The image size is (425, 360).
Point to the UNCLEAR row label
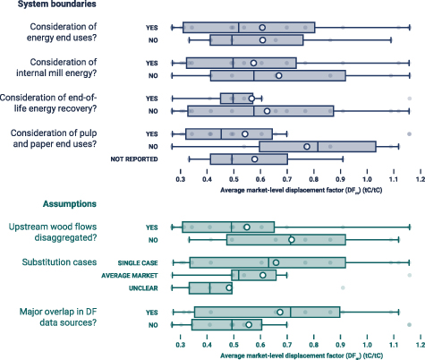[147, 287]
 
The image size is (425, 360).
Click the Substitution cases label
[62, 262]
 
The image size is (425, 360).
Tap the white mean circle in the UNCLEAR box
[229, 287]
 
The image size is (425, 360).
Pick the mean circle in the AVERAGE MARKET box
[262, 275]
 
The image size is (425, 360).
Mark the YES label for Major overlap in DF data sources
[151, 312]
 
